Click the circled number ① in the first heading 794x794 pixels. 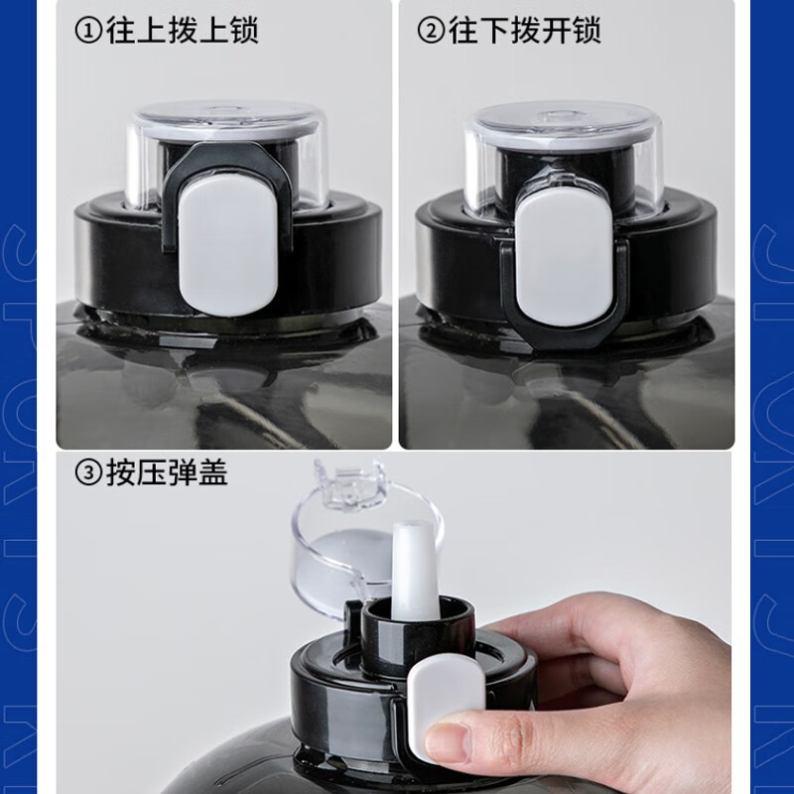coord(88,31)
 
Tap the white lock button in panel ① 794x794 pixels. coord(226,241)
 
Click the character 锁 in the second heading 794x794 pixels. coord(587,31)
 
